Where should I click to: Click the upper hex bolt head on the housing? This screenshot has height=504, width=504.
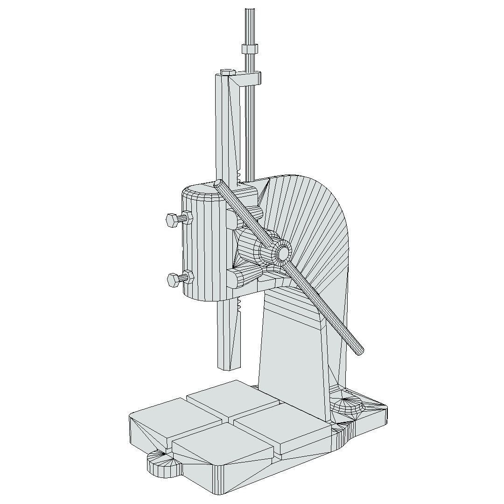pyautogui.click(x=172, y=220)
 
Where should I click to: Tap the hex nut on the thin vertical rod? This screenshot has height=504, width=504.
pyautogui.click(x=250, y=49)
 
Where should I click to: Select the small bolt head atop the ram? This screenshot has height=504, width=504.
pyautogui.click(x=227, y=72)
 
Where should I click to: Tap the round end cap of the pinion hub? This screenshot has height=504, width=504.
pyautogui.click(x=283, y=252)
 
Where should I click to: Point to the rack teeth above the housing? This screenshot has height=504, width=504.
pyautogui.click(x=239, y=177)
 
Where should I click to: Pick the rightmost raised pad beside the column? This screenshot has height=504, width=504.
pyautogui.click(x=280, y=427)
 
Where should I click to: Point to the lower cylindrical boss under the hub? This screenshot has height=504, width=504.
pyautogui.click(x=243, y=277)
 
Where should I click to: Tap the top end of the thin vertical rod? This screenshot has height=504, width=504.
pyautogui.click(x=250, y=10)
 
